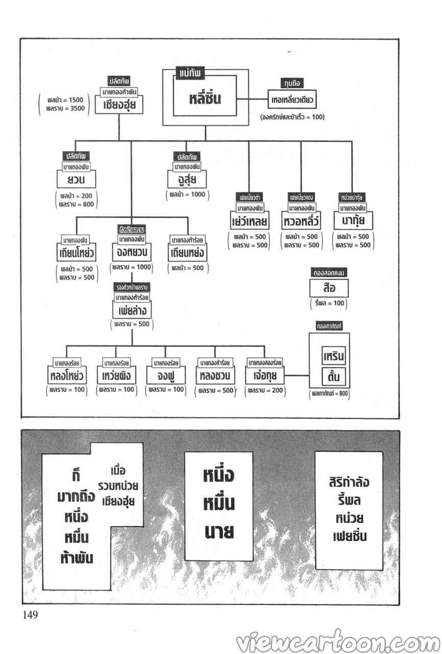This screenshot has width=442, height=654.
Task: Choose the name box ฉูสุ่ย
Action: click(x=189, y=180)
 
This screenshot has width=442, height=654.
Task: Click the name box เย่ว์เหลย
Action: click(x=249, y=222)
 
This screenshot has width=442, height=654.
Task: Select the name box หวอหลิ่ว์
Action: click(x=301, y=222)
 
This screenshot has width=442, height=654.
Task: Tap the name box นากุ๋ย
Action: click(x=353, y=222)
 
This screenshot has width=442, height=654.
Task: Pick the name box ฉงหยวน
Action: click(x=132, y=252)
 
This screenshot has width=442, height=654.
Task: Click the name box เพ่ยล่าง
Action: click(x=132, y=310)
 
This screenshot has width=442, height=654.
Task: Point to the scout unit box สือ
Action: click(x=329, y=289)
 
